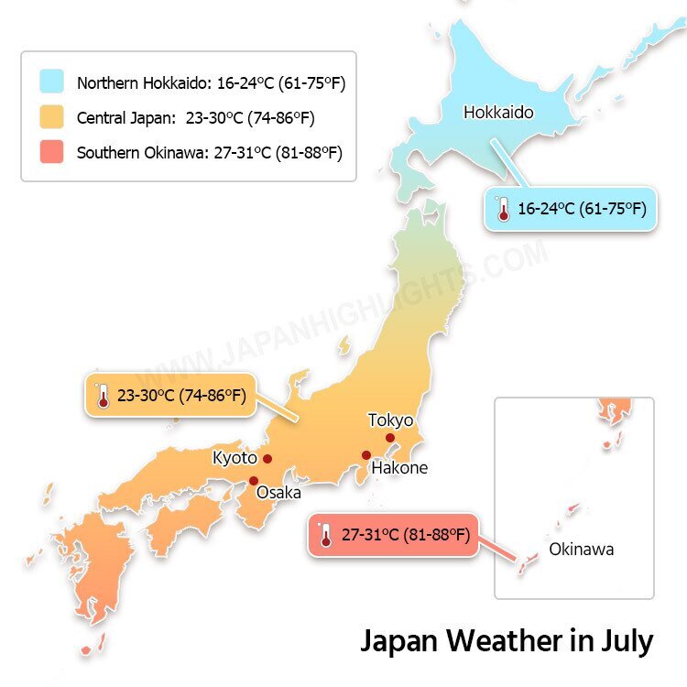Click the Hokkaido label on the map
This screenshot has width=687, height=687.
pyautogui.click(x=498, y=113)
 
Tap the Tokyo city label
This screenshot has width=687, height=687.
pyautogui.click(x=390, y=420)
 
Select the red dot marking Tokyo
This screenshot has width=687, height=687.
pyautogui.click(x=390, y=438)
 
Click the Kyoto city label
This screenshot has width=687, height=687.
pyautogui.click(x=234, y=457)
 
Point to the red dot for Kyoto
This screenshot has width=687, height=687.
pyautogui.click(x=267, y=459)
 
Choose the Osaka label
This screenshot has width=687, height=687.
pyautogui.click(x=278, y=493)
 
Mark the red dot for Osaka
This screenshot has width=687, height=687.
pyautogui.click(x=254, y=481)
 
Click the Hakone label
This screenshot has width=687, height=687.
pyautogui.click(x=399, y=468)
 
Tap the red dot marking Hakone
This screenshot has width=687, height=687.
pyautogui.click(x=366, y=455)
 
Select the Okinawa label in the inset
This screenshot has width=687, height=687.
pyautogui.click(x=581, y=550)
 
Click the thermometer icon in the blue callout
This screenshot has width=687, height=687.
pyautogui.click(x=502, y=209)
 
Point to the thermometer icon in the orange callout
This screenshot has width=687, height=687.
pyautogui.click(x=102, y=397)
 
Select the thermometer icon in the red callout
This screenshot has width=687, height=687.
pyautogui.click(x=325, y=536)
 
